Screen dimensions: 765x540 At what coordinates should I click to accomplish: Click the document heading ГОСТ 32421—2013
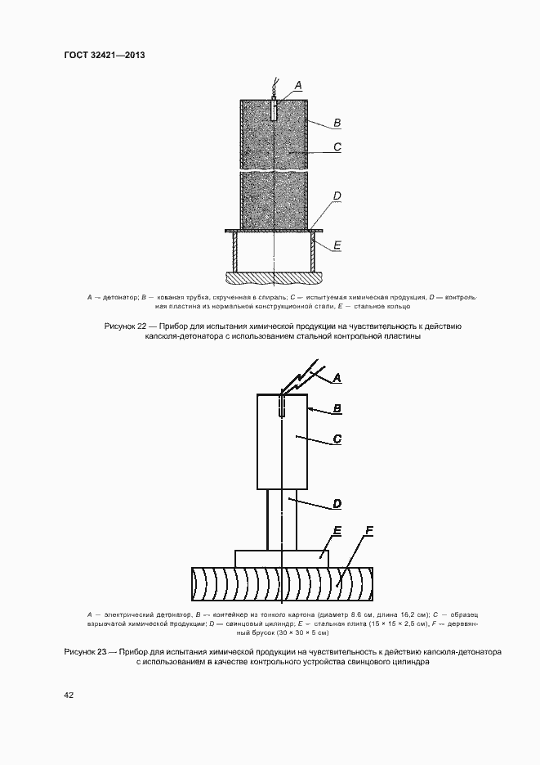(104, 55)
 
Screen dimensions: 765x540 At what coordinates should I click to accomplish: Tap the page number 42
(69, 695)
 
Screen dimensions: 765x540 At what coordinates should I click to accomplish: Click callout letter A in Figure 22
(297, 84)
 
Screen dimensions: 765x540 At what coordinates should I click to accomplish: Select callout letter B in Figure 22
(337, 123)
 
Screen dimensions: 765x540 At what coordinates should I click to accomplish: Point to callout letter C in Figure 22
(337, 148)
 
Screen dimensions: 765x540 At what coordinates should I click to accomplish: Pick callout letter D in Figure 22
(337, 196)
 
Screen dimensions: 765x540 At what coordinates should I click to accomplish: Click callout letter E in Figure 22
(337, 244)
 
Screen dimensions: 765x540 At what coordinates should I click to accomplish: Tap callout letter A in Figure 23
(337, 378)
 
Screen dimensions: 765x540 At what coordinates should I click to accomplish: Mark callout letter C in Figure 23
(337, 440)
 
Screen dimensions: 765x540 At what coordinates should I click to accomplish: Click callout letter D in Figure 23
(337, 502)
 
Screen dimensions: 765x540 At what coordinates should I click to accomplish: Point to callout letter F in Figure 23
(368, 532)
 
